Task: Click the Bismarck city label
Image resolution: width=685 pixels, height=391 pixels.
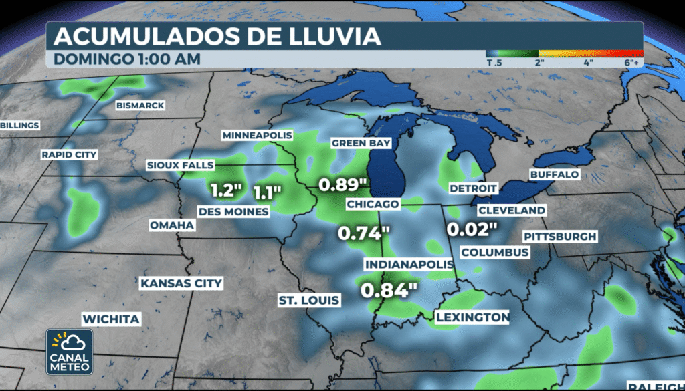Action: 140,106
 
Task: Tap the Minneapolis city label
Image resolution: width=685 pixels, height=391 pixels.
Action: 258,136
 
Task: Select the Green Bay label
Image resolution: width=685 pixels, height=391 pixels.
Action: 361,143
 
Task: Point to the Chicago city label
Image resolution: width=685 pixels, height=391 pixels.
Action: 373,203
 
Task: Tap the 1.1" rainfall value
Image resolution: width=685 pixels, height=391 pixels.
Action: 268,192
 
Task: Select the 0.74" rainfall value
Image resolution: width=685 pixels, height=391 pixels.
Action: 364,234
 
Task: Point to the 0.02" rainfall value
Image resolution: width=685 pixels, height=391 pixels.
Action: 472,229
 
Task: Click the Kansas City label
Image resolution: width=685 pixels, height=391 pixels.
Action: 181,283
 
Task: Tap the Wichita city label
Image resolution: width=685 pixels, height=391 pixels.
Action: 111,319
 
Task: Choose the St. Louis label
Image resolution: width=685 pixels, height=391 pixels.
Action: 309,301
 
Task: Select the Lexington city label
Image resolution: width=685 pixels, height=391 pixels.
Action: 472,317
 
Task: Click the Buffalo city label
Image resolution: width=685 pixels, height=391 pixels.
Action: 554,174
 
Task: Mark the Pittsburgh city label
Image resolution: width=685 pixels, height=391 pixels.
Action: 560,237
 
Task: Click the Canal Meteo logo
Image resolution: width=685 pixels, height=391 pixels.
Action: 70,352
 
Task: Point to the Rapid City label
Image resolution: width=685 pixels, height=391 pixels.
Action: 69,155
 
